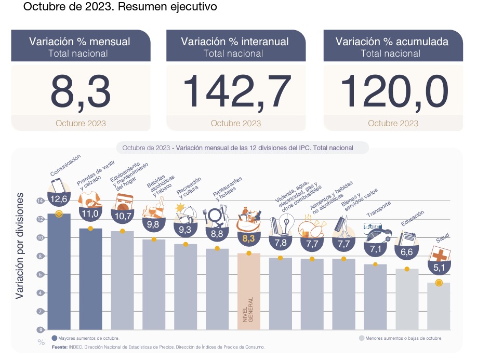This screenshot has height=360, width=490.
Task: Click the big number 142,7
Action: point(236,91)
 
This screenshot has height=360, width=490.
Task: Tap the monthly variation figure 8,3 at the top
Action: point(81,91)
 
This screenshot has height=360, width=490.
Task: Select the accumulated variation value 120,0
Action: point(394,91)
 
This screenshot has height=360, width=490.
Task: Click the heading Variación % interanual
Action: point(235,42)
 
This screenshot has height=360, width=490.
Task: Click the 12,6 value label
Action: point(59,198)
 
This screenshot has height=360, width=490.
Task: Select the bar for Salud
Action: point(439,306)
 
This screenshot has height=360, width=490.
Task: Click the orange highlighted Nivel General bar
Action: point(248,291)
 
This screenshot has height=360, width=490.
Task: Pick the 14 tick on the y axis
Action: point(41,201)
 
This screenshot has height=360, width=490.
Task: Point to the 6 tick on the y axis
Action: point(41,274)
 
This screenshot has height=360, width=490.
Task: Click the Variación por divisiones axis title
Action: point(20,246)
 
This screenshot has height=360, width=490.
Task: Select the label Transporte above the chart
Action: point(379,209)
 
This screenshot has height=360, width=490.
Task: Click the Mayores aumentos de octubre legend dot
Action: point(55,338)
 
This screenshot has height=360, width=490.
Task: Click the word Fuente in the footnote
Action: point(59,346)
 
